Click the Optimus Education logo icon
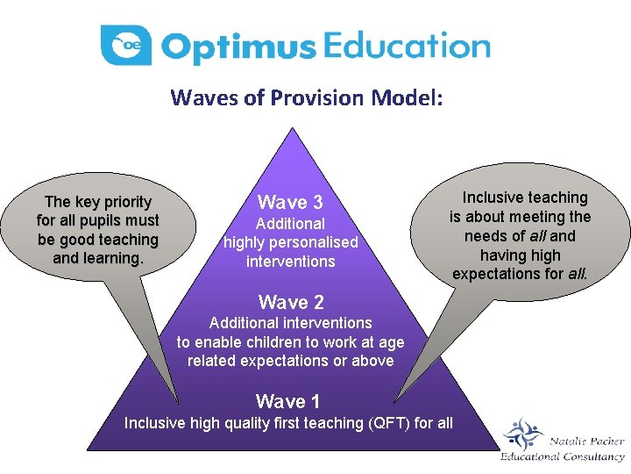(126, 45)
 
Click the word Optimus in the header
(238, 47)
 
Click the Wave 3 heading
(290, 203)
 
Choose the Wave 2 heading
(291, 303)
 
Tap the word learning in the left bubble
(112, 258)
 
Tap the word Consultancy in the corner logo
(592, 456)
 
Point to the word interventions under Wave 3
(290, 262)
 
